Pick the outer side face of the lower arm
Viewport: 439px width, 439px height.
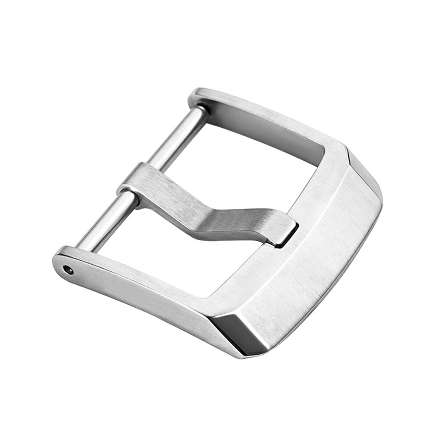tap(145, 307)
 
